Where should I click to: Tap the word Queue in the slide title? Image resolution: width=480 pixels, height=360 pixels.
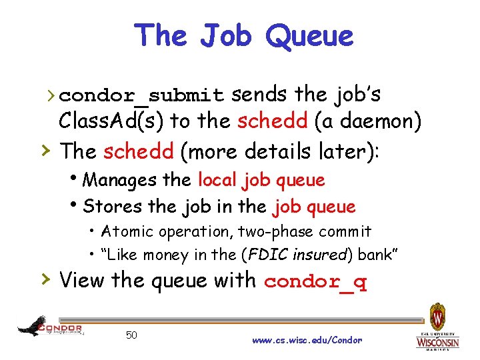[309, 35]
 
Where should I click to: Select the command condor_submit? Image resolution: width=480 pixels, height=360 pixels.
[146, 96]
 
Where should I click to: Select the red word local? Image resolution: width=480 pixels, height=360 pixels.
[217, 180]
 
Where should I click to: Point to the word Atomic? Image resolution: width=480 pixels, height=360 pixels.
[127, 232]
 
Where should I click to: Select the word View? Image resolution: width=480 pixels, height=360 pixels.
[83, 280]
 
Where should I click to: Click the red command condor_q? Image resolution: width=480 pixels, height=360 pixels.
[315, 281]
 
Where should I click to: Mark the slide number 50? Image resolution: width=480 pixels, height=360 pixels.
[131, 335]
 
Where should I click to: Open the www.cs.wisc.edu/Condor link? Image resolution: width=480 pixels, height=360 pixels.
[307, 340]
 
